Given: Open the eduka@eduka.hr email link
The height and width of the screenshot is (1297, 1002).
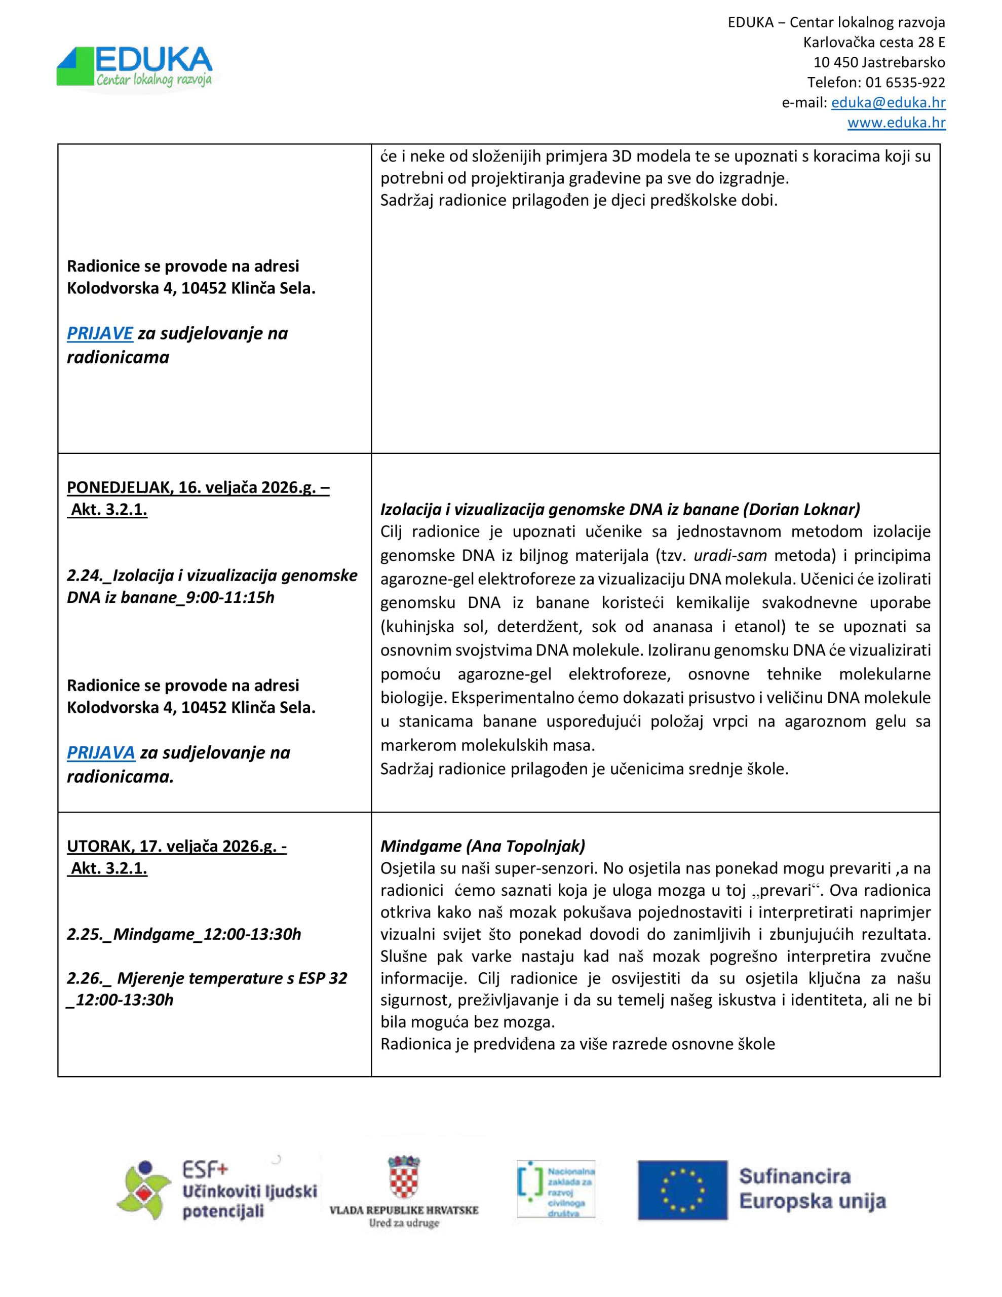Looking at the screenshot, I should tap(888, 103).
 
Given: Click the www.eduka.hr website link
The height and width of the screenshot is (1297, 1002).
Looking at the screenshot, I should tap(896, 123).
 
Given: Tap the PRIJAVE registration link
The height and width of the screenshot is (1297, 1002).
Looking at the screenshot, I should tap(100, 334).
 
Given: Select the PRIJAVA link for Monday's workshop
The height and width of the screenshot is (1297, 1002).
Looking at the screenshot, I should tap(101, 753).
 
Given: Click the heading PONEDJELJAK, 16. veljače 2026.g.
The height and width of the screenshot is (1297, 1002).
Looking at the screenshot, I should tap(198, 487).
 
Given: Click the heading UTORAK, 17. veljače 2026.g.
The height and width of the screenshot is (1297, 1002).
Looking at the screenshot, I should tap(176, 846).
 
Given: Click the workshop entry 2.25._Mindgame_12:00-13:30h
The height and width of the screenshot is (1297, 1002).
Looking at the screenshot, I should tap(183, 934).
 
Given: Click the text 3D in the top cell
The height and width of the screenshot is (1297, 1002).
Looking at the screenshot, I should tap(602, 157).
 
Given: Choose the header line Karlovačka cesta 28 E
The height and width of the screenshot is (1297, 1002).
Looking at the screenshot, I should tap(874, 43).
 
